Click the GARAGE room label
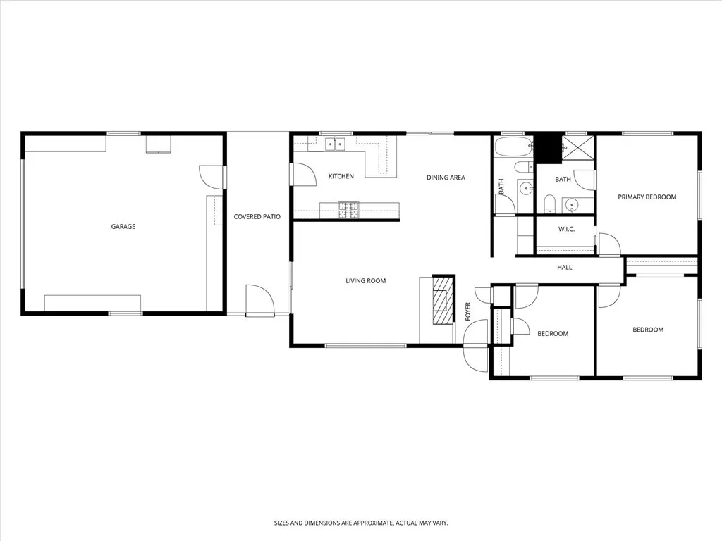(123, 227)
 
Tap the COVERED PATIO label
(257, 217)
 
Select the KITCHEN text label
(341, 176)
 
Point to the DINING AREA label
(446, 178)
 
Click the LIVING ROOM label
(365, 281)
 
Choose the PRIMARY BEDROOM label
(647, 197)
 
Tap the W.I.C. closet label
(567, 229)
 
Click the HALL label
(564, 268)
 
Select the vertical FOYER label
(467, 311)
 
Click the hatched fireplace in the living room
(443, 300)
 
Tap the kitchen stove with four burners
(349, 208)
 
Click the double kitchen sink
(335, 144)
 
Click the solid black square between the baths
(546, 148)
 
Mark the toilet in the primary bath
(550, 204)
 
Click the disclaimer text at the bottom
(361, 523)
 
